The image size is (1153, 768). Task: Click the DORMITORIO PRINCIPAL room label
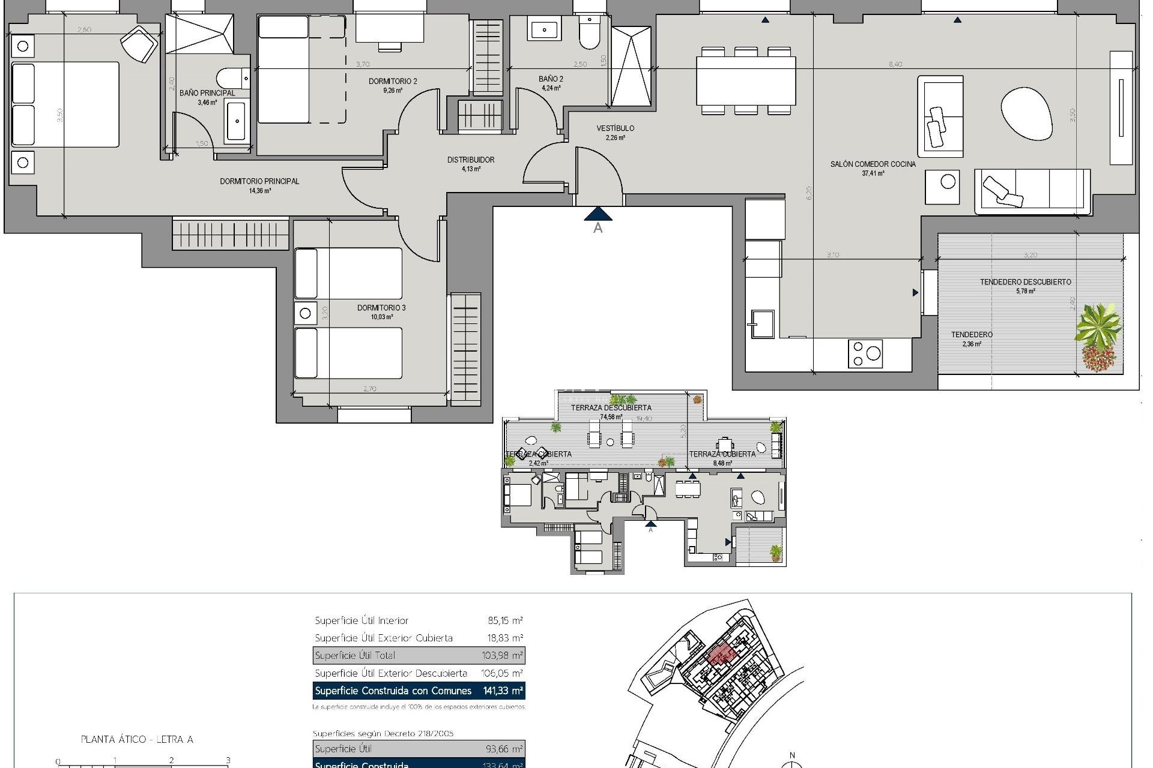coord(259,181)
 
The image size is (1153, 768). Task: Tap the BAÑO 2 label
coord(551,79)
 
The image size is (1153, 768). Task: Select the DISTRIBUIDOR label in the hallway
coord(471,160)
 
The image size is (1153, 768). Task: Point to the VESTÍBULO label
coord(615,128)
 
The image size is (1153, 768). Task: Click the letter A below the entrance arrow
coord(598,228)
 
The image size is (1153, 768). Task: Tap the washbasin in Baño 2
coord(544,29)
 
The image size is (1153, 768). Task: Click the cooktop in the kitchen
coord(865,353)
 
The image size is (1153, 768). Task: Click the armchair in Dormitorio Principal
coord(140,43)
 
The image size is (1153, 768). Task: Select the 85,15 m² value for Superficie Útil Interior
coord(505,620)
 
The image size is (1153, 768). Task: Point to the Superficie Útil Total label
coord(355,655)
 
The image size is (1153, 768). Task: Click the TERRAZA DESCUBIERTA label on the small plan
coord(611,407)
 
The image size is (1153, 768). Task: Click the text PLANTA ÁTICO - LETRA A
coord(137,739)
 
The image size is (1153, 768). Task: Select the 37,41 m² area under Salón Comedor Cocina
coord(873,173)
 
